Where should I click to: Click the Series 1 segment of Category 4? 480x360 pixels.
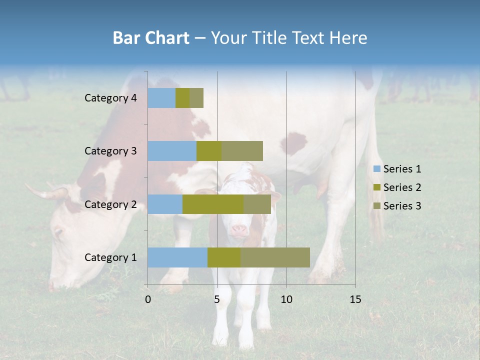pyautogui.click(x=161, y=98)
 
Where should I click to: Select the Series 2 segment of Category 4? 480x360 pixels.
pyautogui.click(x=182, y=98)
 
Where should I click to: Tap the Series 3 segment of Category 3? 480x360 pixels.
pyautogui.click(x=242, y=151)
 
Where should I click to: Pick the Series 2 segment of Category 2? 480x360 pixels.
pyautogui.click(x=213, y=204)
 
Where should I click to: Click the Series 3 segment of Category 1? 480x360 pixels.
pyautogui.click(x=275, y=257)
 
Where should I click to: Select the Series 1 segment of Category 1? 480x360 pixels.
pyautogui.click(x=177, y=257)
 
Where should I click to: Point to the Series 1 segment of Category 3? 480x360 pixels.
pyautogui.click(x=172, y=151)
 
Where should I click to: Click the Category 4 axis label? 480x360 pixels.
pyautogui.click(x=110, y=98)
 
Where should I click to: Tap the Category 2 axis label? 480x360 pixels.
pyautogui.click(x=110, y=204)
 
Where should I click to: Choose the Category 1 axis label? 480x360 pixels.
pyautogui.click(x=110, y=257)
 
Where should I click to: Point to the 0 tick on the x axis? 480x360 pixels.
pyautogui.click(x=148, y=299)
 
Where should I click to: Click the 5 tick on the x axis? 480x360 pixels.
pyautogui.click(x=217, y=299)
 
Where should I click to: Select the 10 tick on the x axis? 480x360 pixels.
pyautogui.click(x=286, y=299)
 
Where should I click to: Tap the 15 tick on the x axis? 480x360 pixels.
pyautogui.click(x=355, y=299)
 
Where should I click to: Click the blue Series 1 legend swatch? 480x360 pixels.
pyautogui.click(x=376, y=169)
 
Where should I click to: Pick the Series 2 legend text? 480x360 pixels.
pyautogui.click(x=402, y=187)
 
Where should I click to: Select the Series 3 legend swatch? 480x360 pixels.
pyautogui.click(x=376, y=206)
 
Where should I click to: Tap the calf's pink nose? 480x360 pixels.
pyautogui.click(x=239, y=230)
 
